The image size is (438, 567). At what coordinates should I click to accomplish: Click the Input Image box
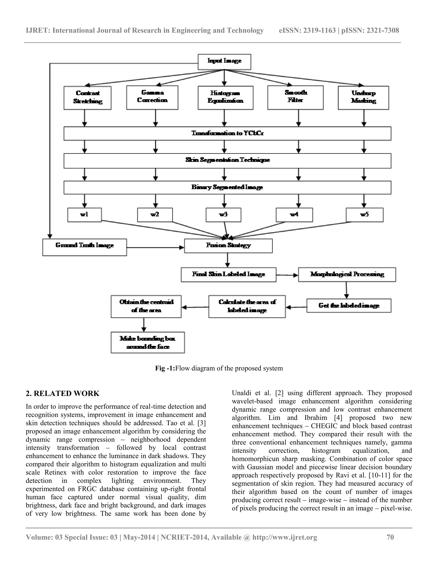click(x=224, y=62)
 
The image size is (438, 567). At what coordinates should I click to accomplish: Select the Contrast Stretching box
click(x=87, y=98)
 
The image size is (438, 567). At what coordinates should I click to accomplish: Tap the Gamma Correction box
click(x=152, y=97)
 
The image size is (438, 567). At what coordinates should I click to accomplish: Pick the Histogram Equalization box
click(x=225, y=98)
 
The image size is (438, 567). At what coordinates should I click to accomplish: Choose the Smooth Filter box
click(x=295, y=97)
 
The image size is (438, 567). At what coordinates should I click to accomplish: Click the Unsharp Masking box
click(x=363, y=98)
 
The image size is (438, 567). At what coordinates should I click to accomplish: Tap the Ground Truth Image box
click(x=85, y=247)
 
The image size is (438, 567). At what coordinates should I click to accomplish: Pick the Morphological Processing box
click(x=347, y=275)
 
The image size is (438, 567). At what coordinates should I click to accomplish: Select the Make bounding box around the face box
click(x=148, y=342)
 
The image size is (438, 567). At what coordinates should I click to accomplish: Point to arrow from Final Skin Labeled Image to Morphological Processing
click(x=287, y=275)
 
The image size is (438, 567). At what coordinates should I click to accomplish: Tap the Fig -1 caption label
click(x=165, y=368)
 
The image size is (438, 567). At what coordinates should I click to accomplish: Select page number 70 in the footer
click(x=390, y=537)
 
